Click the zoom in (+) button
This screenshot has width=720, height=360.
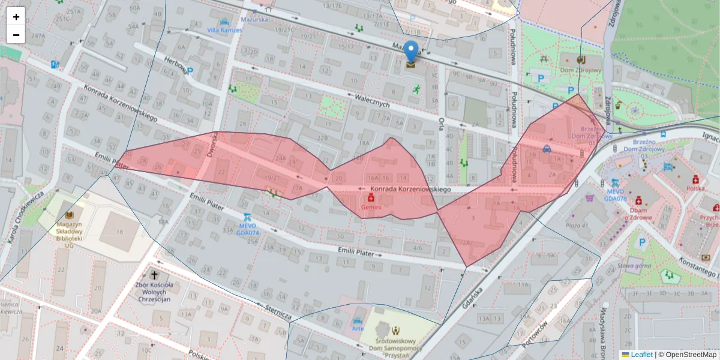[x=16, y=17]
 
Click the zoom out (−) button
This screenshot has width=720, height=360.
[x=16, y=35]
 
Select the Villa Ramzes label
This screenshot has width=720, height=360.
[x=224, y=30]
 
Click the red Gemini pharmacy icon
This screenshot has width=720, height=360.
[x=371, y=197]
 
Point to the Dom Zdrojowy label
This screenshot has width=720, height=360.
[x=581, y=70]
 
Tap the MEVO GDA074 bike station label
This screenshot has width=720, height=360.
[x=247, y=233]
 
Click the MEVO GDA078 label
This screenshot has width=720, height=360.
[x=615, y=198]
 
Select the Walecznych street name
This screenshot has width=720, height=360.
[x=373, y=100]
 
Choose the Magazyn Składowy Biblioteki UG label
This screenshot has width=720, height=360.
[x=70, y=235]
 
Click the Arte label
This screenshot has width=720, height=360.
[x=358, y=328]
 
